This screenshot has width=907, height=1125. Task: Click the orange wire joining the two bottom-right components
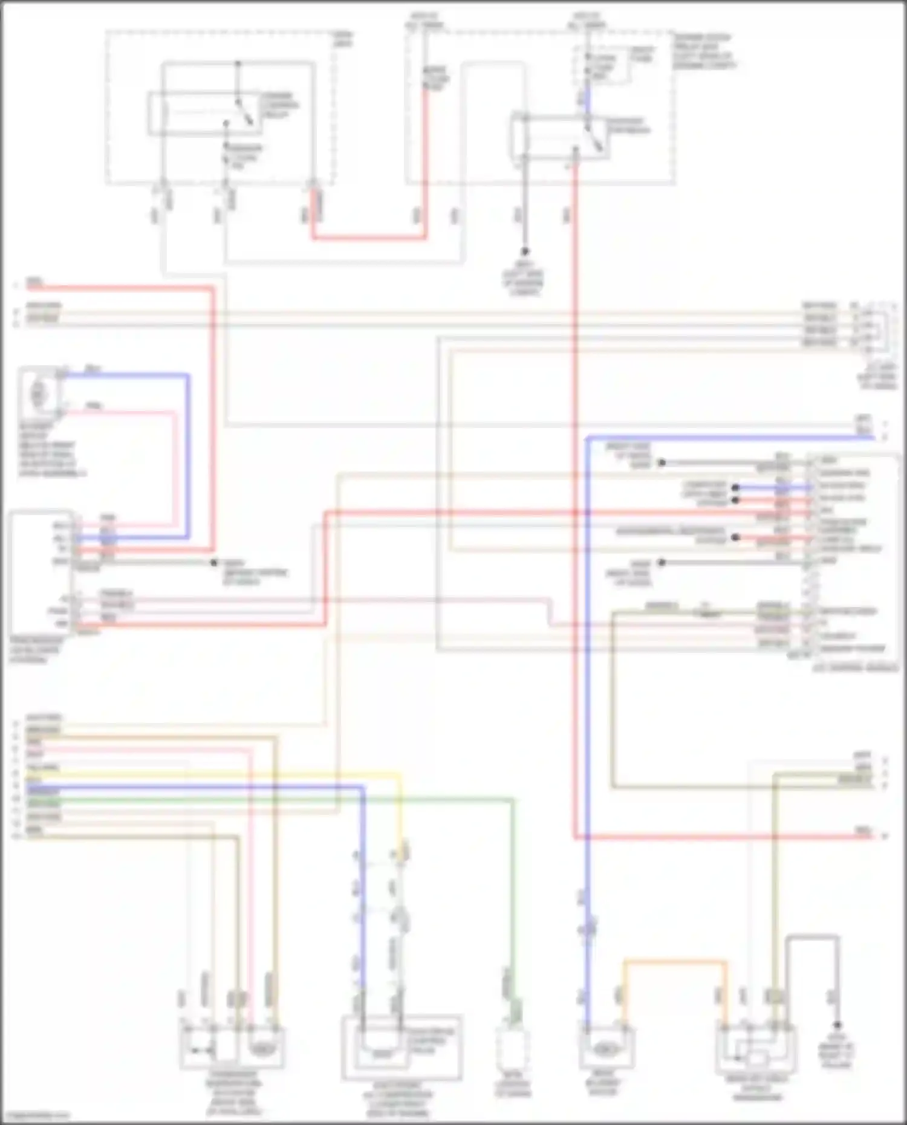(x=674, y=962)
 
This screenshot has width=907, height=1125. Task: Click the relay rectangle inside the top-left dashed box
(x=206, y=114)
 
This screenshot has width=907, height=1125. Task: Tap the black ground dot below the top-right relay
(x=525, y=251)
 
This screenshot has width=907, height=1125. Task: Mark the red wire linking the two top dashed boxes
(x=369, y=238)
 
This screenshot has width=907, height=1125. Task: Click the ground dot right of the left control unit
(x=213, y=563)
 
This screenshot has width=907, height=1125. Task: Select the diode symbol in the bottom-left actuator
(x=200, y=1051)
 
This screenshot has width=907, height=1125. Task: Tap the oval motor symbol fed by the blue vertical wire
(x=606, y=1049)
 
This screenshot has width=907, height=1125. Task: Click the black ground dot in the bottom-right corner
(x=837, y=1025)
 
